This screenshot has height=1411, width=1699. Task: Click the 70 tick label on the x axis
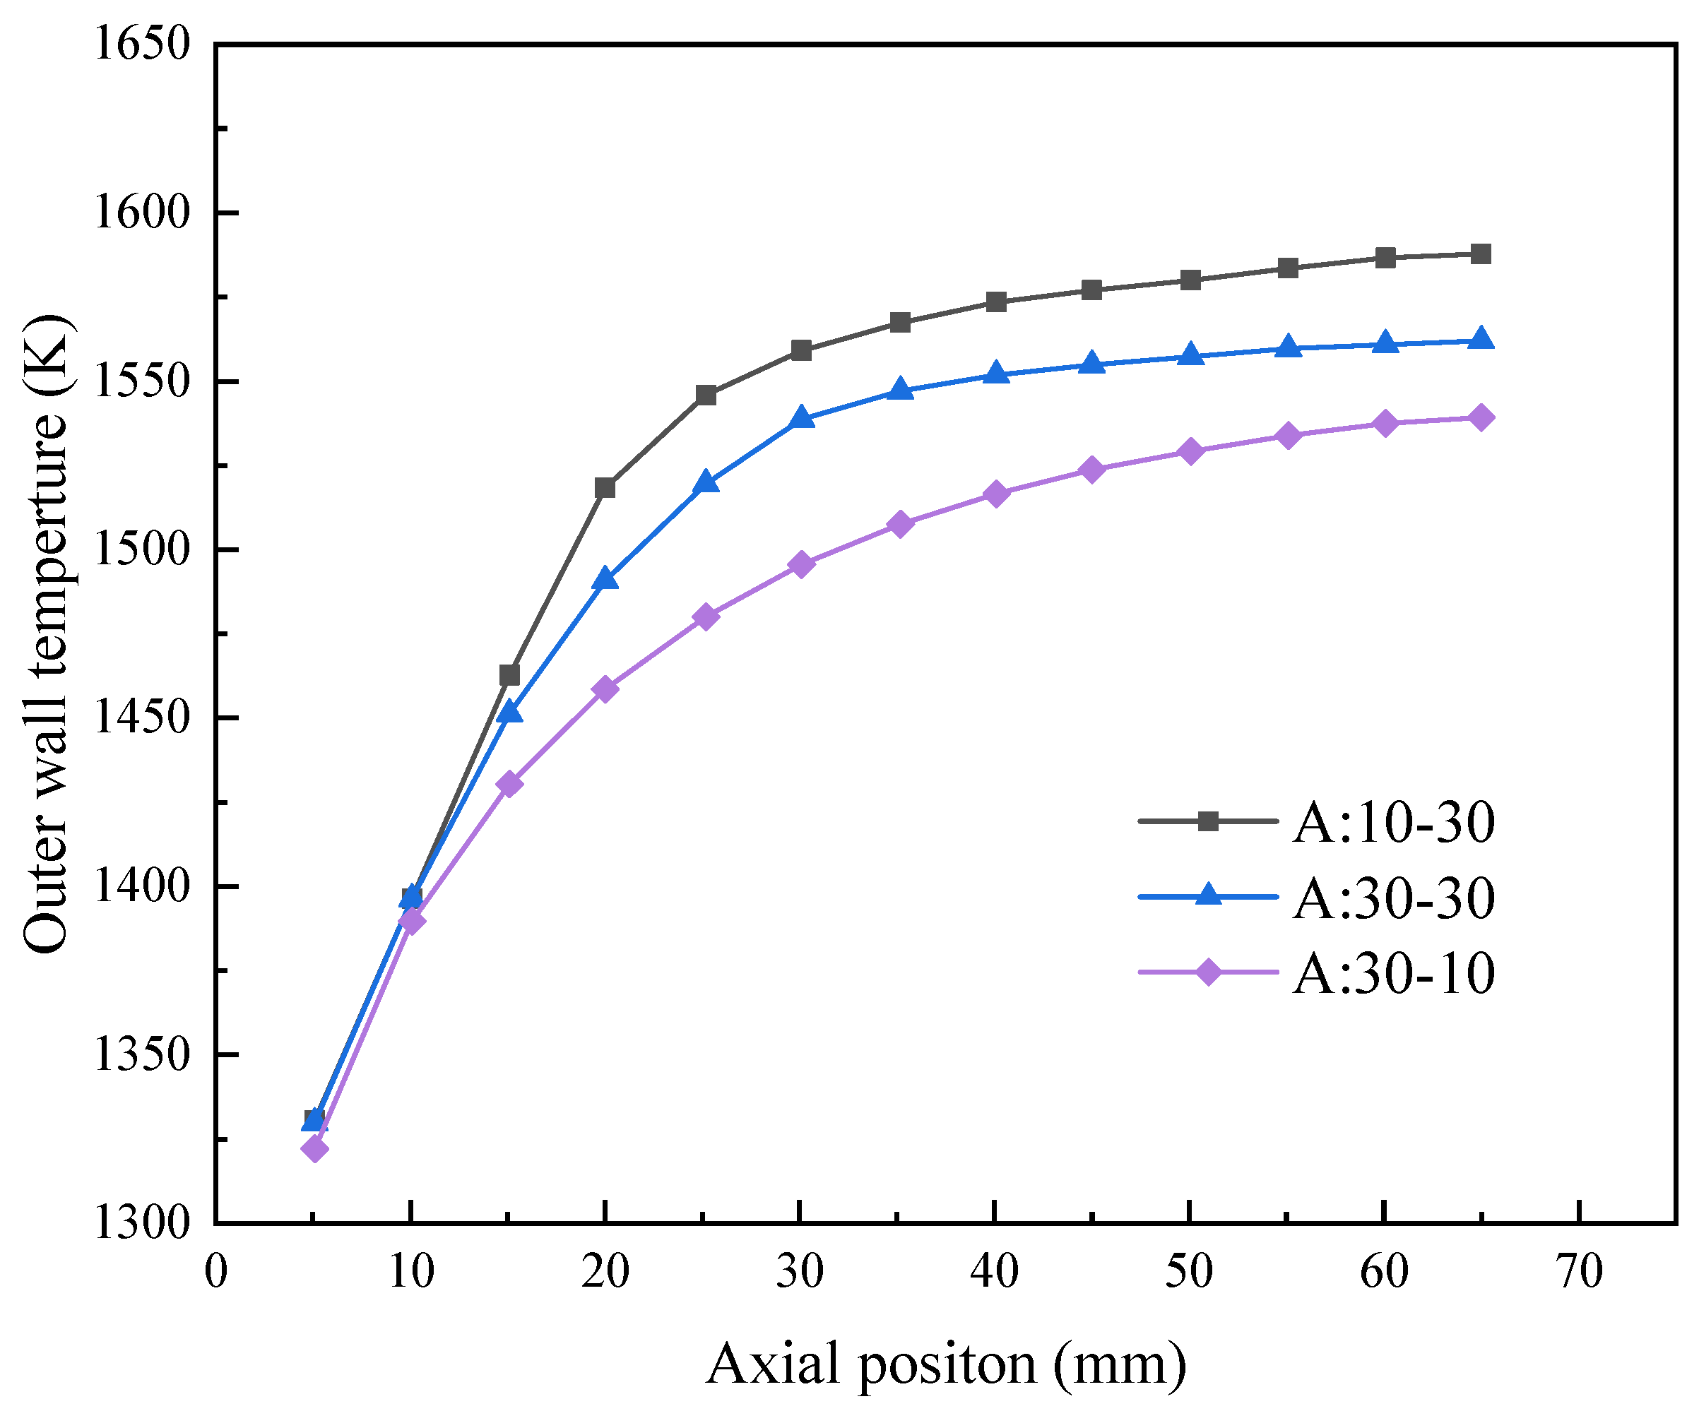1580,1271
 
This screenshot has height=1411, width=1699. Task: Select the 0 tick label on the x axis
216,1271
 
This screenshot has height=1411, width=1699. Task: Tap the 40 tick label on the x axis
994,1271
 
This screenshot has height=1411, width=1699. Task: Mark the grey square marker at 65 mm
1481,254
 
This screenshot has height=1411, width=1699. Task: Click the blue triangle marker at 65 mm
1481,340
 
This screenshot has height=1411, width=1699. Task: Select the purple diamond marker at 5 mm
314,1148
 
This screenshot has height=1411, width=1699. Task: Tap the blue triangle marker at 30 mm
801,418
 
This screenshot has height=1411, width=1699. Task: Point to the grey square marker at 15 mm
509,675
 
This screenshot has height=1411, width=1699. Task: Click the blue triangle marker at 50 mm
1190,355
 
